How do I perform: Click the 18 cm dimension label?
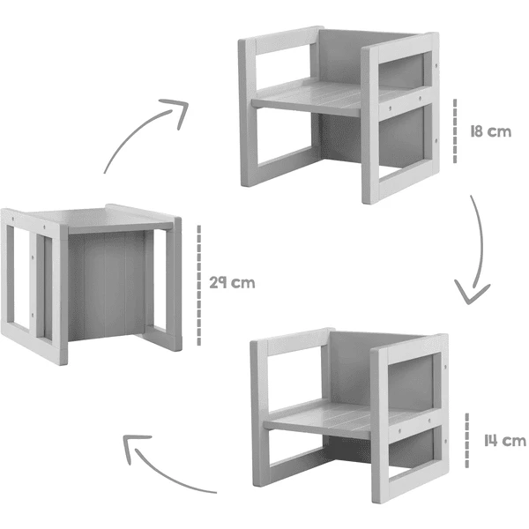click(490, 132)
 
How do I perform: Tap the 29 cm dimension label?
click(234, 284)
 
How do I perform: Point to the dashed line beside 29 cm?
click(199, 284)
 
